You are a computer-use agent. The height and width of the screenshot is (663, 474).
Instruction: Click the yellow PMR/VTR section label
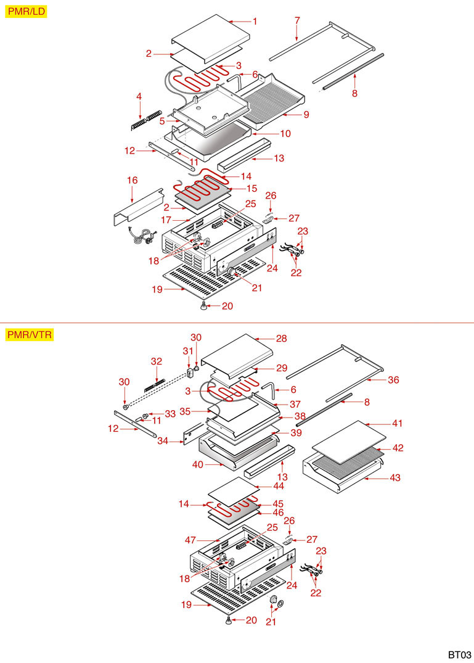point(30,335)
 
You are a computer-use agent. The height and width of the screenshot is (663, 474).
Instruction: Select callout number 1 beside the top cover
point(255,21)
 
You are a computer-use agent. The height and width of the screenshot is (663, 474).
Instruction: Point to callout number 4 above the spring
point(139,96)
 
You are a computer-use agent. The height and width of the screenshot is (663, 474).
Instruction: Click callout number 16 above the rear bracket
point(132,180)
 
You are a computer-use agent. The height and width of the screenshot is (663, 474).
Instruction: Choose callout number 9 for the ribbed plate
point(306,115)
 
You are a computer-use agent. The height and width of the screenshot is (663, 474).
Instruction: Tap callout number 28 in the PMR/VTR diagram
point(282,339)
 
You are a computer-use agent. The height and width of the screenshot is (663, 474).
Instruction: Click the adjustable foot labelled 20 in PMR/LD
point(203,305)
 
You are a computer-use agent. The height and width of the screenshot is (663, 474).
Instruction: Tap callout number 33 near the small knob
point(170,413)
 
